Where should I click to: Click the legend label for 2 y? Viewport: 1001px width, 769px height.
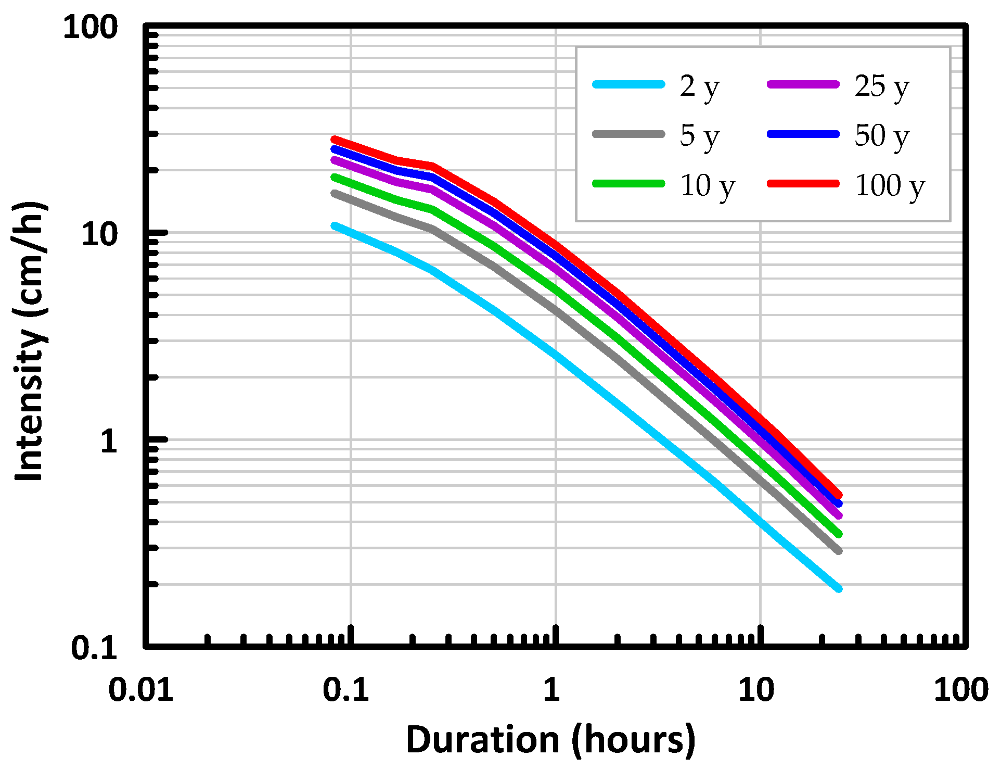[x=699, y=86]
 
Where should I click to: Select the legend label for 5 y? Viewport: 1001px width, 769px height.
[x=699, y=136]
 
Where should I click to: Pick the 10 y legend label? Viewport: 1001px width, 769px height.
[x=707, y=186]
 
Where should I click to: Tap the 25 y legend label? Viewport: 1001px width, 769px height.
[x=881, y=86]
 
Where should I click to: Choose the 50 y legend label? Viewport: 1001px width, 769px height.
[x=881, y=136]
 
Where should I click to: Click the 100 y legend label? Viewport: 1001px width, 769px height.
[x=889, y=186]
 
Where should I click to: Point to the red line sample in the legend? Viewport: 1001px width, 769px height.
[x=803, y=183]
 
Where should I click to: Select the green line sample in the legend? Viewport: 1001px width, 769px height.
[x=628, y=183]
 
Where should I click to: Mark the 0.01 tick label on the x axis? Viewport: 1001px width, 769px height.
[x=140, y=689]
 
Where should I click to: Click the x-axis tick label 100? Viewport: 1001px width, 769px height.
[x=960, y=689]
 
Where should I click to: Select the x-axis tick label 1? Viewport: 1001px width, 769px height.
[x=551, y=689]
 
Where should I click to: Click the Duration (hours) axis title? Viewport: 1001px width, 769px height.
[x=550, y=739]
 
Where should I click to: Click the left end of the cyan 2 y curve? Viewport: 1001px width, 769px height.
[x=334, y=225]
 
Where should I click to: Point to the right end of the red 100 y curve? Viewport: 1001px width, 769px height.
[x=839, y=495]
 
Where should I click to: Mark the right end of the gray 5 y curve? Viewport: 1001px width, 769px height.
[x=839, y=551]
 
